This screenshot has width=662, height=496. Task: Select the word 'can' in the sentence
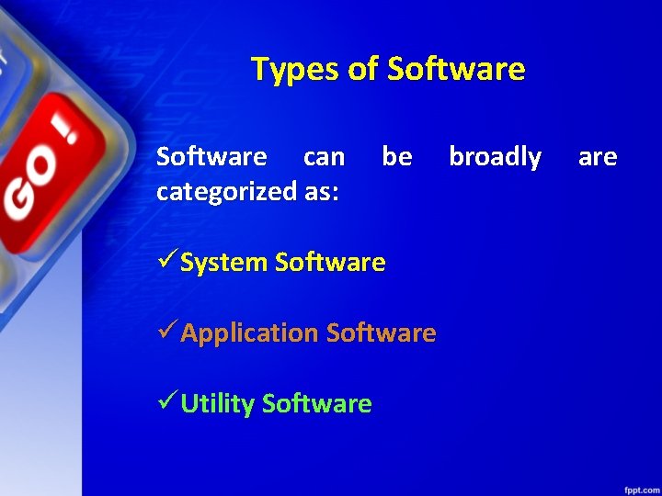coord(324,157)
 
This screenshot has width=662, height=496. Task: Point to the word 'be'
coord(396,157)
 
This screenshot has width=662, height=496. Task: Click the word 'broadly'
coord(495,157)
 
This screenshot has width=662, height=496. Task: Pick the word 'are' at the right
coord(597,157)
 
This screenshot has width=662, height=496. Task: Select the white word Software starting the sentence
coord(211,157)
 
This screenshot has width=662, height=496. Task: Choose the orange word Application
coord(250,333)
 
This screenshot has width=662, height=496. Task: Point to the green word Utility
coord(217,403)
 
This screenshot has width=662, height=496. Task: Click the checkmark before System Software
coord(166,262)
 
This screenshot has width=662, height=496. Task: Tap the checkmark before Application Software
coord(166,332)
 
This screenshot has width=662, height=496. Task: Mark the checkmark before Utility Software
coord(166,402)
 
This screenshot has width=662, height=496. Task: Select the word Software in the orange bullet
coord(381,333)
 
